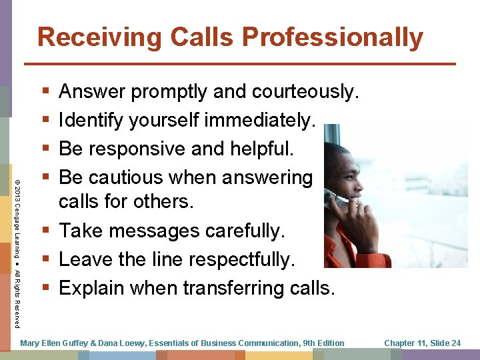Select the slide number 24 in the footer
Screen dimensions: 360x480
(x=455, y=343)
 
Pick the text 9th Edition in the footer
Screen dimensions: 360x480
(x=323, y=343)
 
